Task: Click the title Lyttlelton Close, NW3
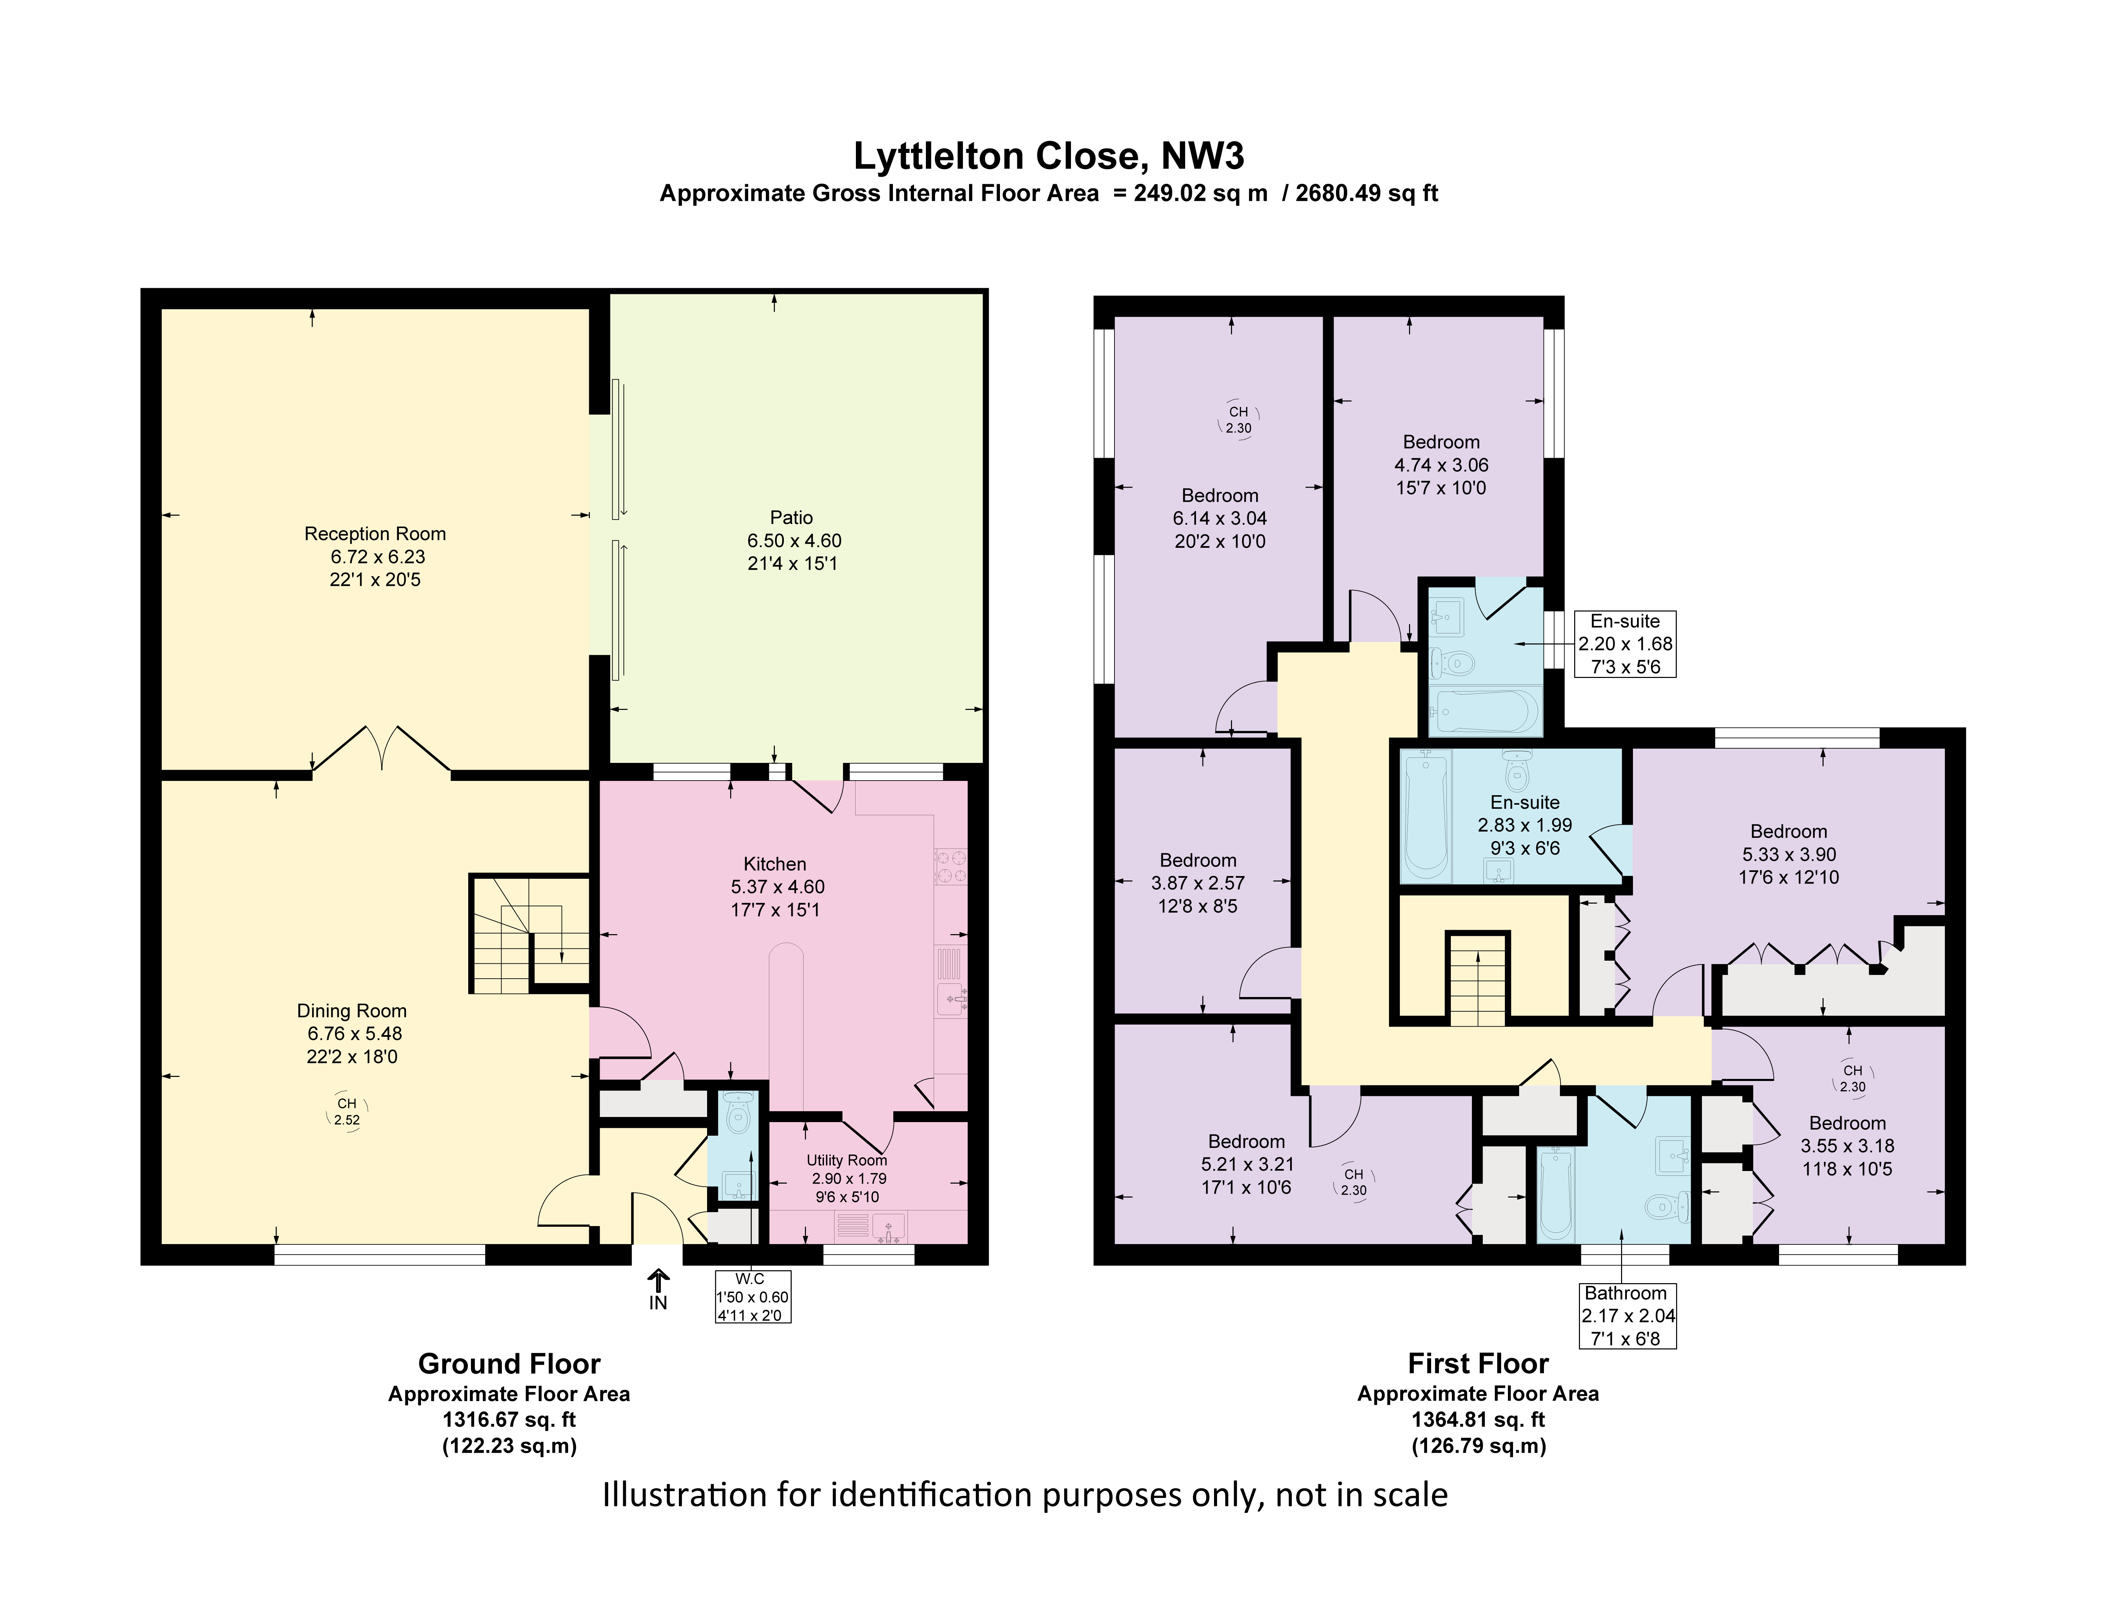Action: coord(1048,157)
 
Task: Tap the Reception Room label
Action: coord(375,533)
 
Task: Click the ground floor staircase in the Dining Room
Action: coord(529,933)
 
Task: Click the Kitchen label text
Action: coord(775,864)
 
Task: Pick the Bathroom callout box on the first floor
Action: coord(1626,1315)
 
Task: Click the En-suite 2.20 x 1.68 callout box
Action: coord(1625,643)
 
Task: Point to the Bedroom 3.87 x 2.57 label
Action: coord(1198,860)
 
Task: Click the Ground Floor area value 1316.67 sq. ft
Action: coord(509,1419)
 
